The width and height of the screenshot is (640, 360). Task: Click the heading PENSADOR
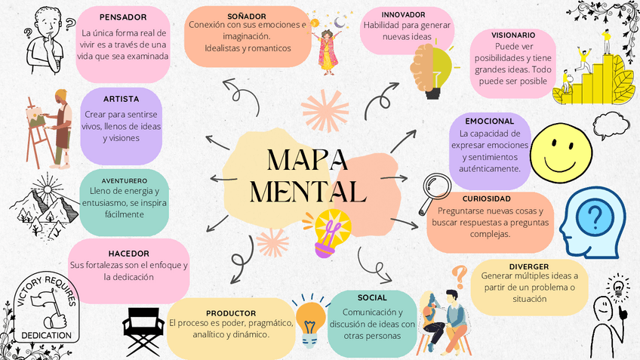click(123, 17)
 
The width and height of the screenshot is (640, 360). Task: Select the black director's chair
click(143, 330)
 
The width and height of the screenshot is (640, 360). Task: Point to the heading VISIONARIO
click(513, 35)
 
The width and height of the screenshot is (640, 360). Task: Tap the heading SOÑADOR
click(246, 15)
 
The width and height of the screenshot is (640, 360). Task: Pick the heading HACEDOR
click(128, 254)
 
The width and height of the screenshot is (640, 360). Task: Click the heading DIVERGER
click(528, 266)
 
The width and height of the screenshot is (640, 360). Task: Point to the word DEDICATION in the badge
click(46, 334)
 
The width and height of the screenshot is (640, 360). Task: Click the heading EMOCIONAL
click(489, 121)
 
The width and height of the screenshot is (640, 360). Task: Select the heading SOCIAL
click(372, 297)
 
